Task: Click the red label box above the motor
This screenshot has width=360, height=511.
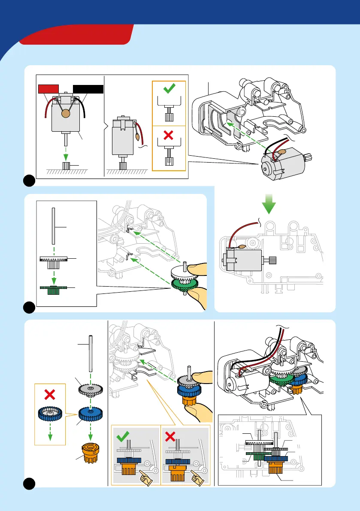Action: (48, 89)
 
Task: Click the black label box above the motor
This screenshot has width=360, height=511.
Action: (88, 89)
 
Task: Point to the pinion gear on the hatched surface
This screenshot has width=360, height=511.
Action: (66, 166)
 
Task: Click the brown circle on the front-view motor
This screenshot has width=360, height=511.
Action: (66, 114)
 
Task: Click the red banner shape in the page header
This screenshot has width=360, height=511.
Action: (77, 34)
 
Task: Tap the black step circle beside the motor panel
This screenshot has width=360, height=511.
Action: (29, 181)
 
